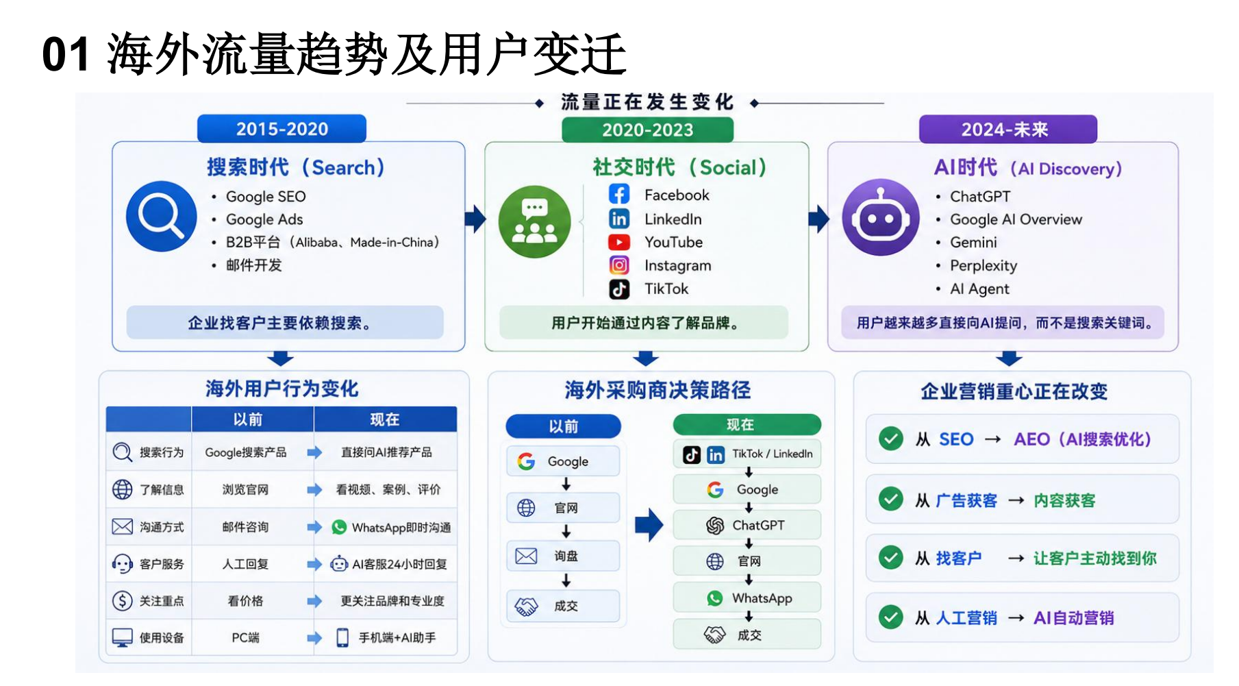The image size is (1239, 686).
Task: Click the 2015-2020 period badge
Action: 281,129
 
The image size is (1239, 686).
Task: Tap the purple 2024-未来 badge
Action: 1008,130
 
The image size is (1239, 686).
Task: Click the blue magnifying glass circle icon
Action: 162,217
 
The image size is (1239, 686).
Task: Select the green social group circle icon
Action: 534,221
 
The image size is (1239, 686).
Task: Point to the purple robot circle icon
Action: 881,217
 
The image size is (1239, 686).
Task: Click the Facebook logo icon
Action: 619,195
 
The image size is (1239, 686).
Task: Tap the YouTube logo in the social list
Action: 619,243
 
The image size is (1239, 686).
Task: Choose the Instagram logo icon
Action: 619,265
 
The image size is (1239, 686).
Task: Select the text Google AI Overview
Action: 1016,219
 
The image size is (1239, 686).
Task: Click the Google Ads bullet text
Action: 264,219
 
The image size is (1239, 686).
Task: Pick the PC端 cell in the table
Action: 245,638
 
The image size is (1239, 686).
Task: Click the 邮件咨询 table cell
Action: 245,527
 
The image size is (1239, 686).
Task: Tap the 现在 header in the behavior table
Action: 385,419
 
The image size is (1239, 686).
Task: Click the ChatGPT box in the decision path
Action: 747,526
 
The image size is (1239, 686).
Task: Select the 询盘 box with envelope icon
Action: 563,556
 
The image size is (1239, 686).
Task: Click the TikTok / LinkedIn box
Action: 747,454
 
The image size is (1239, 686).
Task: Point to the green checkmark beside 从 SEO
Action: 891,439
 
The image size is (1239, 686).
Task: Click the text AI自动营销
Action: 1074,618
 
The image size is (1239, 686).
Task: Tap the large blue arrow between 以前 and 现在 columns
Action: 649,526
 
